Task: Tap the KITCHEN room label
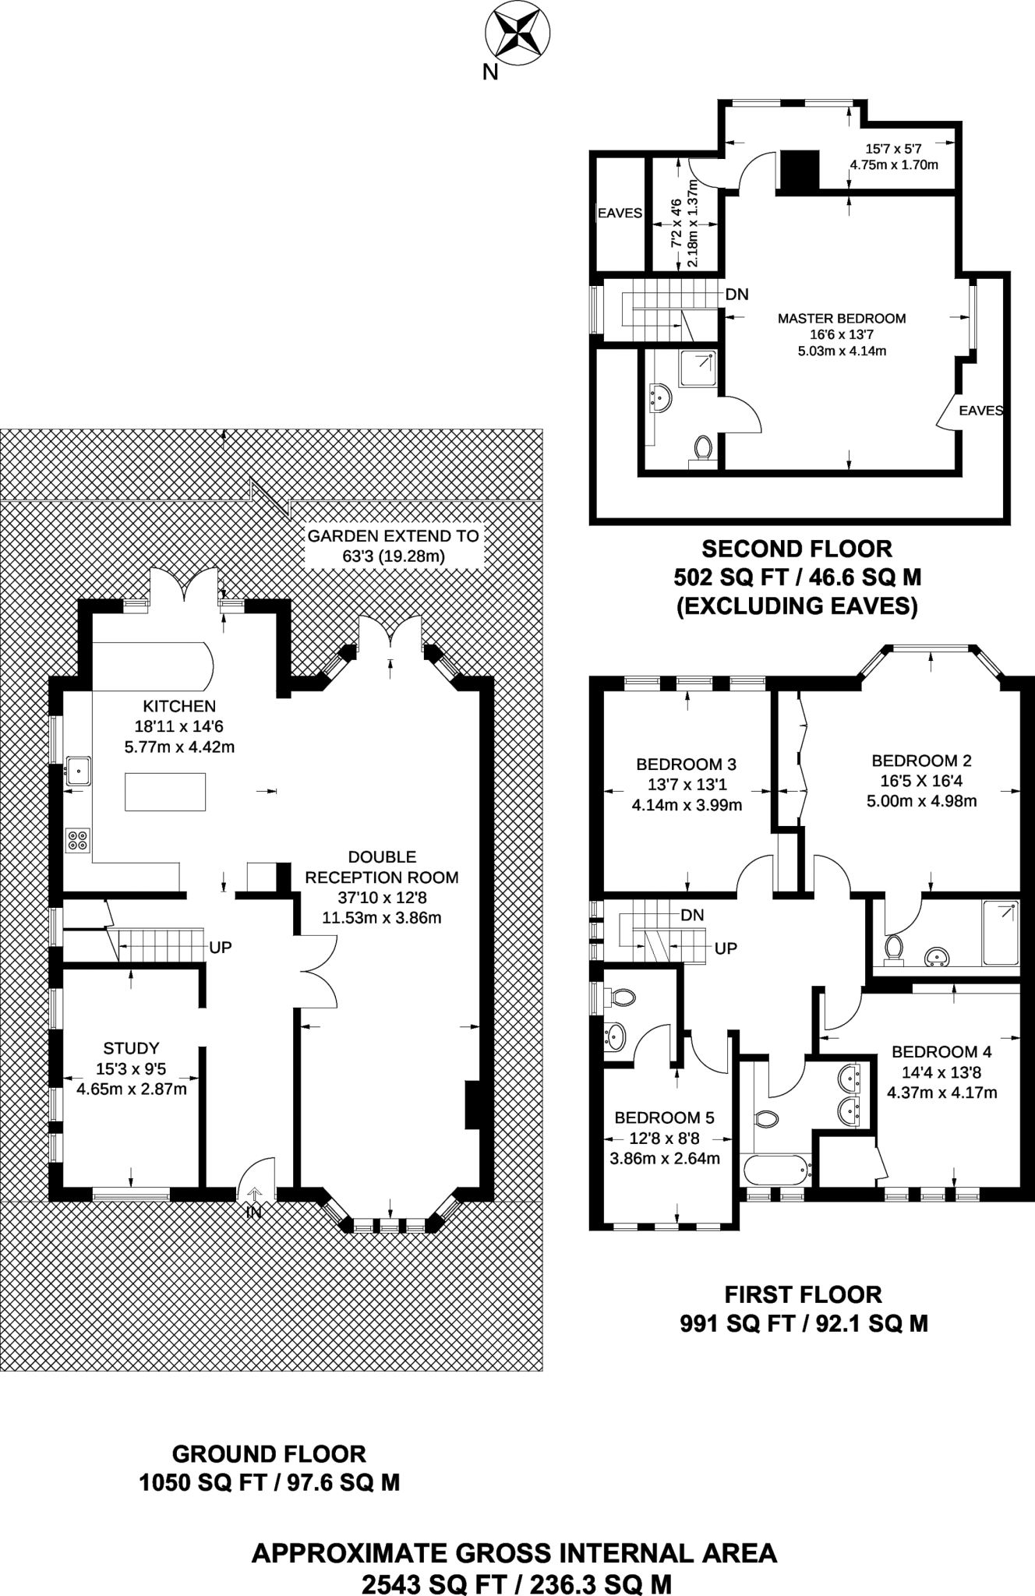click(x=179, y=706)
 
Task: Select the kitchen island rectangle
click(x=165, y=791)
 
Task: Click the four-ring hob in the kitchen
click(x=77, y=839)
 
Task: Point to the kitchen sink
click(x=78, y=771)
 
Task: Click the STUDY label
click(x=131, y=1048)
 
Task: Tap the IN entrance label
click(x=254, y=1212)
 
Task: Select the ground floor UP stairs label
click(x=221, y=948)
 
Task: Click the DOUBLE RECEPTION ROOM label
click(x=382, y=867)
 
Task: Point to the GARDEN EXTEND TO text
click(x=394, y=535)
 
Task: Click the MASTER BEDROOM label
click(x=842, y=318)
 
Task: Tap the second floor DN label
click(x=737, y=295)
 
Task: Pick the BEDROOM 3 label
click(x=686, y=764)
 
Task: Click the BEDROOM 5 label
click(x=664, y=1118)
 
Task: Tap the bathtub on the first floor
click(x=775, y=1169)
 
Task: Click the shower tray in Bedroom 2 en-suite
click(x=1001, y=933)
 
